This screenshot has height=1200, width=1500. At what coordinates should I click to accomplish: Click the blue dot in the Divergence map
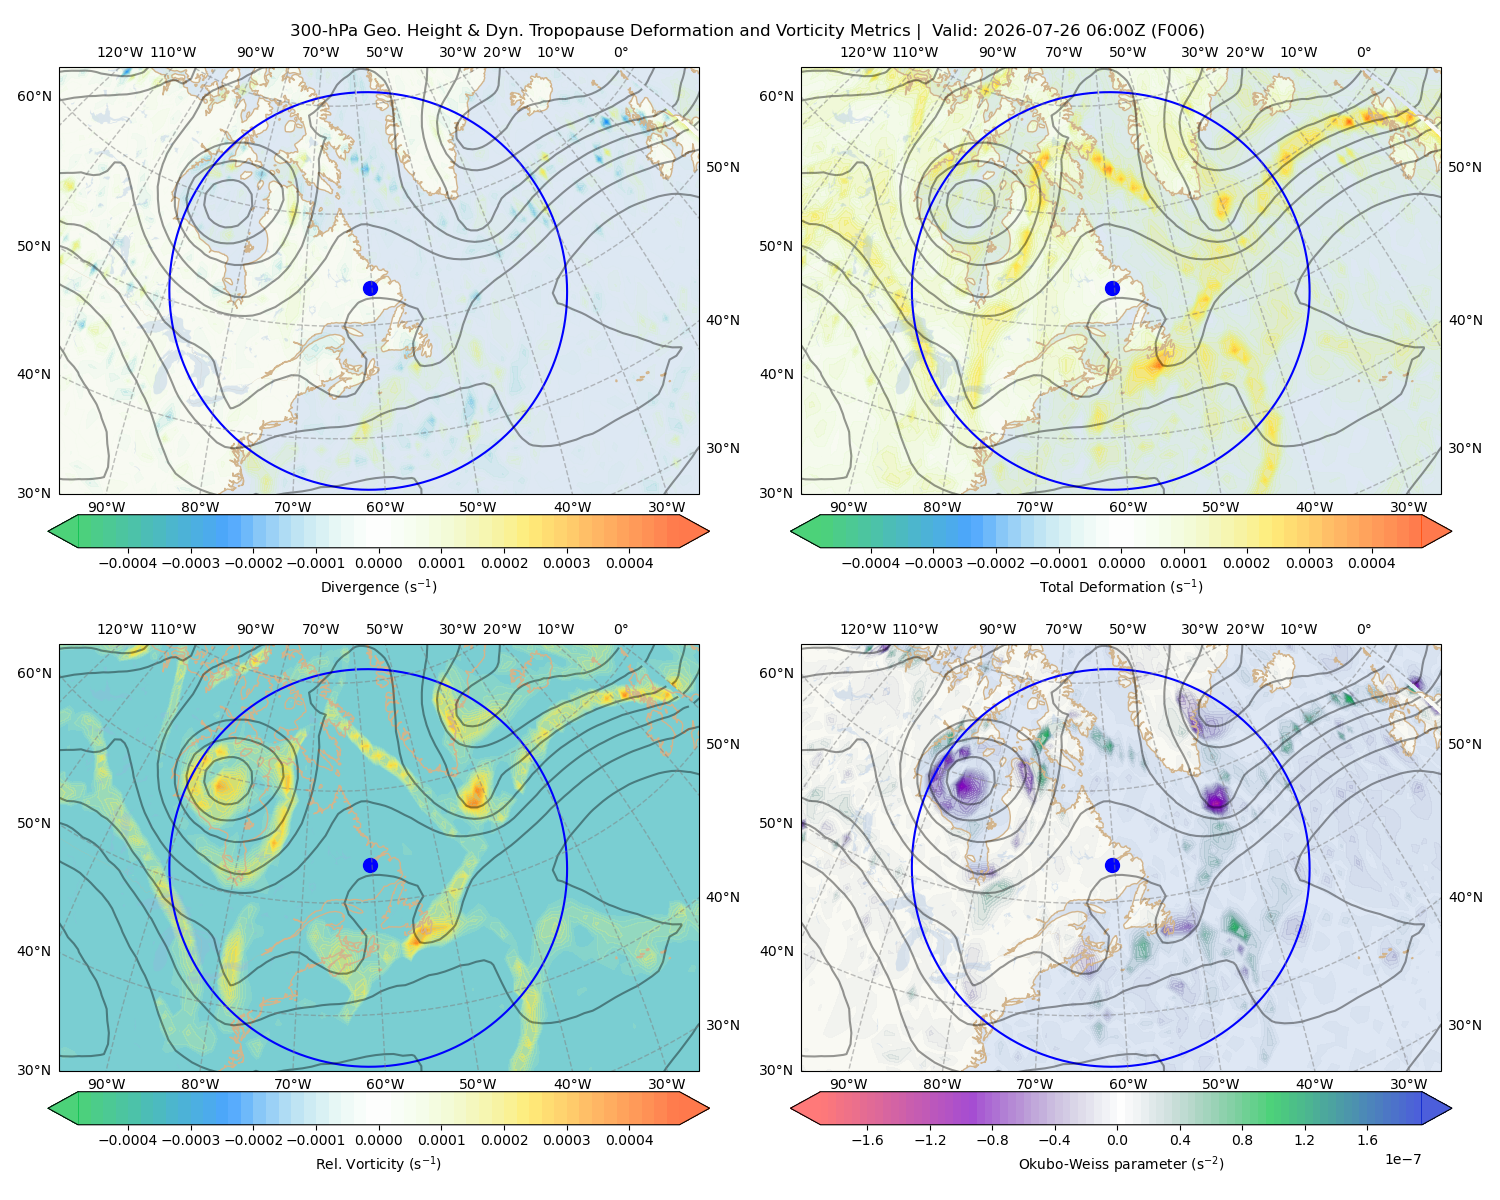[x=370, y=289]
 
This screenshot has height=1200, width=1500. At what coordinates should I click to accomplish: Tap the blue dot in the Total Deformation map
[x=1112, y=289]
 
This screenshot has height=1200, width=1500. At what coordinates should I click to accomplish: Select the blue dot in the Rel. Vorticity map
[x=370, y=865]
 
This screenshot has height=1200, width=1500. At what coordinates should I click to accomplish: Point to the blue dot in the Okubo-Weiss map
[x=1112, y=865]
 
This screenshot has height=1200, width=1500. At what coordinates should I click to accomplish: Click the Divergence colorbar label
[x=378, y=587]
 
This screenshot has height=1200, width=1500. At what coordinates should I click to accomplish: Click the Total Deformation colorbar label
[x=1121, y=587]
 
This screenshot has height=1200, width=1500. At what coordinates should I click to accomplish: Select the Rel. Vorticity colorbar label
[x=378, y=1164]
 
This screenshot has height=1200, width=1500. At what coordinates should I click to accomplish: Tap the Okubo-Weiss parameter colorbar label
[x=1121, y=1164]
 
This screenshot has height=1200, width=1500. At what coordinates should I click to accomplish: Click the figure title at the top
[x=747, y=31]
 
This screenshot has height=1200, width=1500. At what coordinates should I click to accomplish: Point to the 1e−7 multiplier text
[x=1402, y=1160]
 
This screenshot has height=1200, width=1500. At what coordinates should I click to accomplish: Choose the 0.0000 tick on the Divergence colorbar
[x=378, y=563]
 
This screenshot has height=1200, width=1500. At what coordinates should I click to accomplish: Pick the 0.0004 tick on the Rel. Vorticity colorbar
[x=629, y=1140]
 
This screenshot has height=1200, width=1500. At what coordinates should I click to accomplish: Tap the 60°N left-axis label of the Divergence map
[x=34, y=96]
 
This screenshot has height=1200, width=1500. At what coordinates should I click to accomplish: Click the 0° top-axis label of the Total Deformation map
[x=1363, y=52]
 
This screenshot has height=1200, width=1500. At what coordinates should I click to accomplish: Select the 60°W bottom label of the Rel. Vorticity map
[x=385, y=1084]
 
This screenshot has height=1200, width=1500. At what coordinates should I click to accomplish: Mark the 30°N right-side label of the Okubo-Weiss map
[x=1465, y=1025]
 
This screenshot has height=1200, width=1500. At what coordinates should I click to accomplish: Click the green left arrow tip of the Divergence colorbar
[x=49, y=531]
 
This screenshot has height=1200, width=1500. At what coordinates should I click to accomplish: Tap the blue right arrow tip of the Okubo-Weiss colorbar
[x=1451, y=1108]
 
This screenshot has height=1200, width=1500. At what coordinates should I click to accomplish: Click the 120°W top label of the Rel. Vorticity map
[x=120, y=629]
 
